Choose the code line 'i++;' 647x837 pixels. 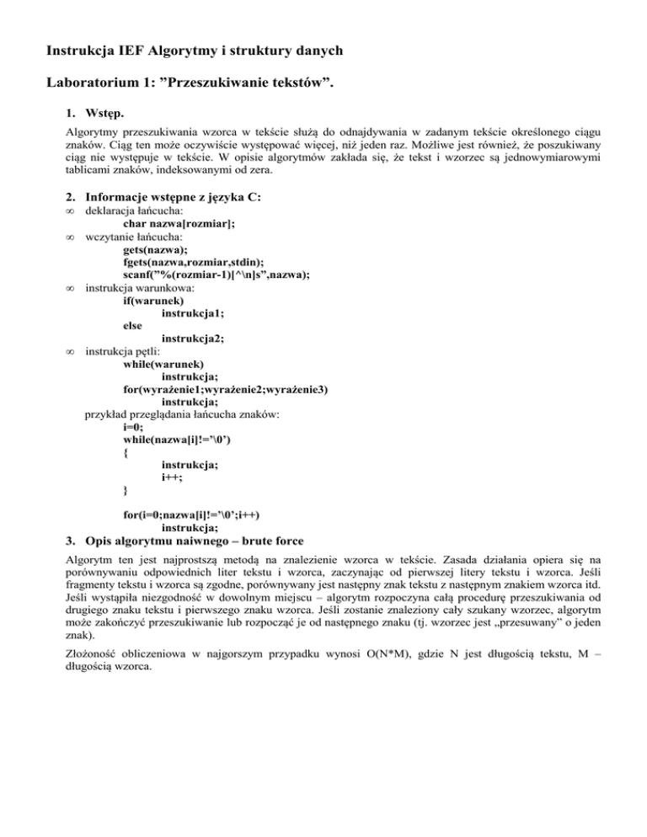pos(171,477)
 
